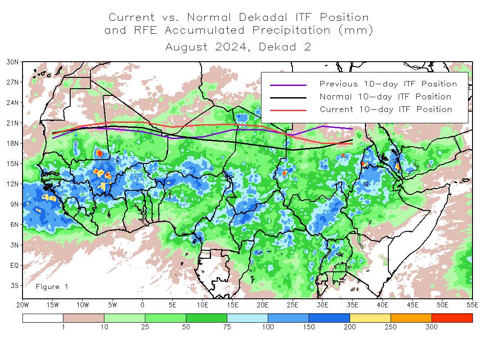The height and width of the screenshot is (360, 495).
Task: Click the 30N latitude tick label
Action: (x=12, y=62)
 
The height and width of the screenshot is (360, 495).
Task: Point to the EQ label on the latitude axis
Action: (x=14, y=265)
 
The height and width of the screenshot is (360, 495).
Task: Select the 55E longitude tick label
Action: (x=472, y=305)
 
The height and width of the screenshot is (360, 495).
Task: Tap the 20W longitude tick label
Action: (x=23, y=305)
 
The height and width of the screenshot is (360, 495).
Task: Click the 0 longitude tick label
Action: (x=143, y=305)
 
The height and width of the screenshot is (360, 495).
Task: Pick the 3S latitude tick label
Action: (x=13, y=285)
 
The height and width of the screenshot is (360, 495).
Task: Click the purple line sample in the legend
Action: (x=288, y=85)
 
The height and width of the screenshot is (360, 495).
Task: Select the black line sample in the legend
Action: (x=288, y=97)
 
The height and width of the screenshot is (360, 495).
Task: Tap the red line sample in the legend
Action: (x=288, y=110)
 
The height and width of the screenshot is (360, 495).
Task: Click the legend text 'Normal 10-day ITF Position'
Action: (x=385, y=97)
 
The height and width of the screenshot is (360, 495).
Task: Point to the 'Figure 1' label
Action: (x=52, y=287)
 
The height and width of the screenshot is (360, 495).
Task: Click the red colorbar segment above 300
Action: (x=452, y=318)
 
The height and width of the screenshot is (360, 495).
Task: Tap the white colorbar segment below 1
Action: (x=43, y=318)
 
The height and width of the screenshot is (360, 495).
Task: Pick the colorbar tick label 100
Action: (x=268, y=327)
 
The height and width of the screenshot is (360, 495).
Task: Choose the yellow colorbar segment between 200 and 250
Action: (x=370, y=318)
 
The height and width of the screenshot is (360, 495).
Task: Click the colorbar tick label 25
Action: (x=145, y=327)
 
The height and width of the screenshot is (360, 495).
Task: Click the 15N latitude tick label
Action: (x=12, y=163)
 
